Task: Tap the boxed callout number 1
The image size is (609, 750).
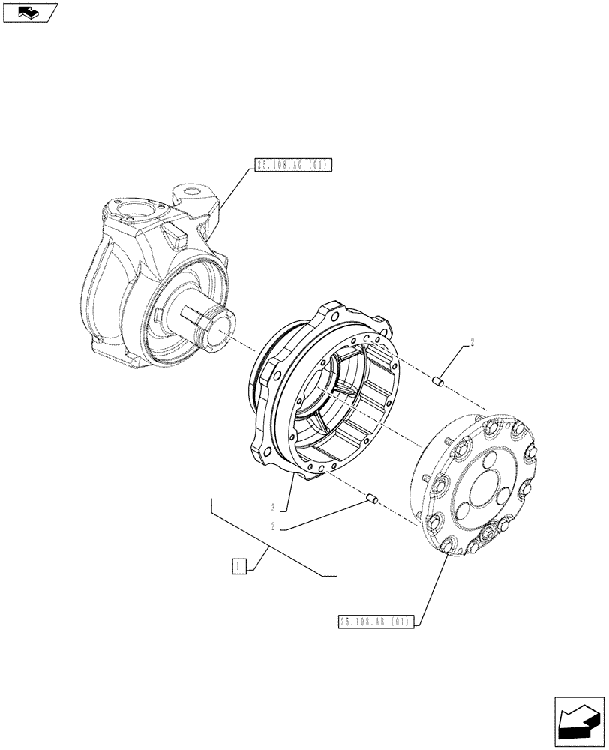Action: [x=238, y=566]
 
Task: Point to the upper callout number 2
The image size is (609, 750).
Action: [x=472, y=343]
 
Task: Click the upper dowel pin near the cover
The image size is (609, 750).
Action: [x=440, y=383]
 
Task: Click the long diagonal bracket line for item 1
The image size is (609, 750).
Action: [x=270, y=544]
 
